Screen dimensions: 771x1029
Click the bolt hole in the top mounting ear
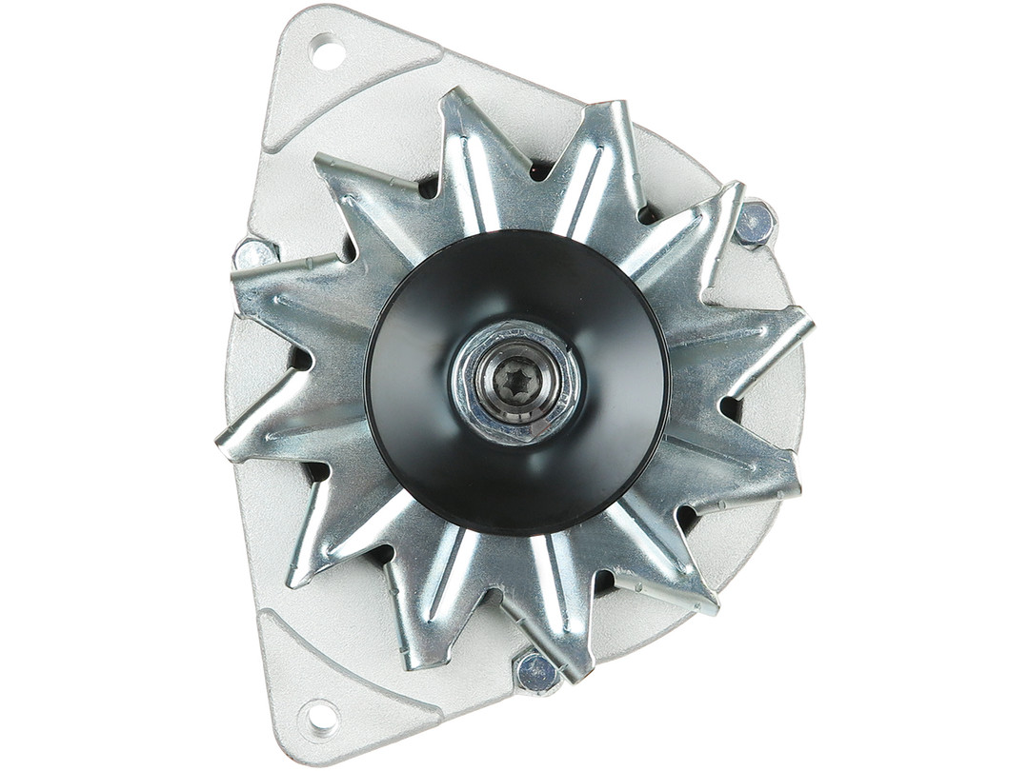pyautogui.click(x=326, y=51)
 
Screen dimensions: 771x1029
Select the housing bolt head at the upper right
pyautogui.click(x=754, y=224)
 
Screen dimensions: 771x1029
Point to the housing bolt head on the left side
pyautogui.click(x=254, y=255)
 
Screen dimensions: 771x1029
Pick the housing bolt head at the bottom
pyautogui.click(x=536, y=672)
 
